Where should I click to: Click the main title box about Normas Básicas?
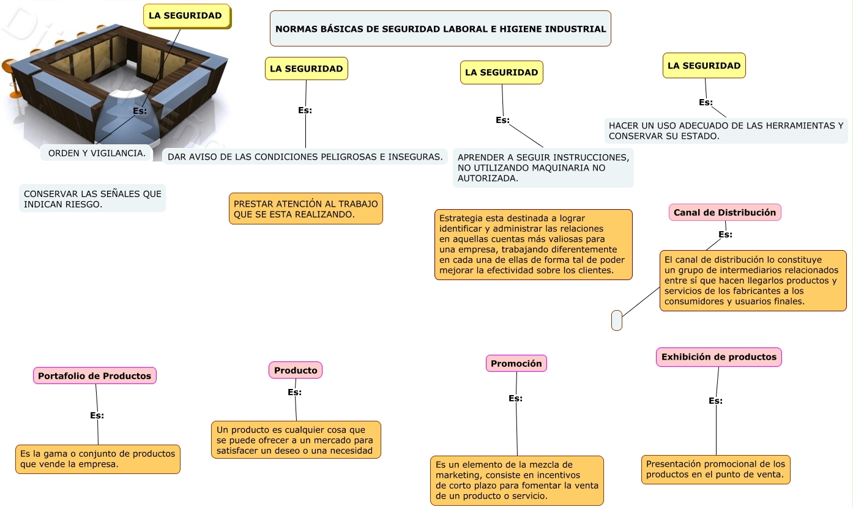[x=440, y=29]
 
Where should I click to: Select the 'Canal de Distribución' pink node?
[x=724, y=213]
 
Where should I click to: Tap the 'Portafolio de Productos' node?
[x=95, y=376]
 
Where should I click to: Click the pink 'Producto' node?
[x=296, y=370]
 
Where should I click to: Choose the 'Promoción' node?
[x=516, y=363]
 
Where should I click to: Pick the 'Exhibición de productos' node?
[x=718, y=357]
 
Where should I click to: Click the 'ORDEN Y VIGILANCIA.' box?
[x=97, y=154]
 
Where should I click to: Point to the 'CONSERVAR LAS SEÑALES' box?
[x=92, y=199]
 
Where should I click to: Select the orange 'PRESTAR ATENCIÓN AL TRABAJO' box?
[x=305, y=209]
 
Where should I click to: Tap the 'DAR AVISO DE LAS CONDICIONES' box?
[x=305, y=157]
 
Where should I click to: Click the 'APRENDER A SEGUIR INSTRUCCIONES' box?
[x=543, y=168]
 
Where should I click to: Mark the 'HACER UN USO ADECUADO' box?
[x=726, y=131]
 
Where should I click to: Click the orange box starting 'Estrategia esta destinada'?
[x=533, y=245]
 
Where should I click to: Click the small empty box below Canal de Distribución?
[x=616, y=320]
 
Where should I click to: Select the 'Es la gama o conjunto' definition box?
[x=98, y=459]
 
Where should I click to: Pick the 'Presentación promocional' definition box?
[x=715, y=470]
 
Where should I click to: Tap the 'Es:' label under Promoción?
[x=515, y=398]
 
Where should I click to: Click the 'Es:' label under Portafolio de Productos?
[x=97, y=415]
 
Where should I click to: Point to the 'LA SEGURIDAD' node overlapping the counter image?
[x=186, y=16]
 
